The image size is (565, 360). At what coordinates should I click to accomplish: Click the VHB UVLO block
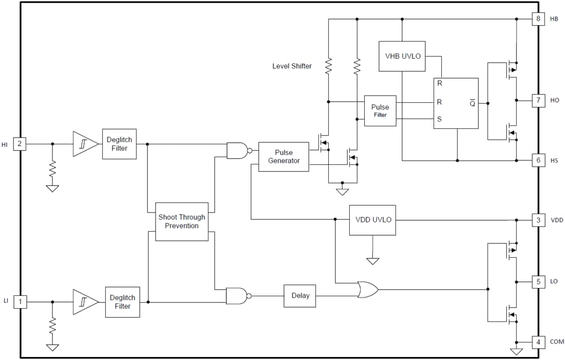click(402, 56)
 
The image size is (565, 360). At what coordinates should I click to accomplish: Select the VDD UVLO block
click(372, 220)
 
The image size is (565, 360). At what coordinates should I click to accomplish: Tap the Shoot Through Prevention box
click(181, 221)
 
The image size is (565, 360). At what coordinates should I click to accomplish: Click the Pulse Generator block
click(284, 157)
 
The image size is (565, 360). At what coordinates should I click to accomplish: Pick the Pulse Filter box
click(380, 110)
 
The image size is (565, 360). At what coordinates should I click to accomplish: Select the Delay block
click(300, 295)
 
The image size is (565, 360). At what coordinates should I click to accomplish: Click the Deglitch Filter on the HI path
click(119, 144)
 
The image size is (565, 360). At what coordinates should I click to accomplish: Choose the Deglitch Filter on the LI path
click(122, 302)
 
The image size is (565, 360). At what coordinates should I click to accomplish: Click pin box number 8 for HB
click(538, 19)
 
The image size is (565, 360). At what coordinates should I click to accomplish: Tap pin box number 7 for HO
click(538, 100)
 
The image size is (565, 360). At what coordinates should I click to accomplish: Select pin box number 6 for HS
click(538, 160)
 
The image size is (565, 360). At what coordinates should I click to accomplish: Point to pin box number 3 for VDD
click(538, 220)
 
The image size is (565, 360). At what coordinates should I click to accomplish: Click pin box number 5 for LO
click(538, 281)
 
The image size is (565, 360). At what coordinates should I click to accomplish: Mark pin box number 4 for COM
click(538, 342)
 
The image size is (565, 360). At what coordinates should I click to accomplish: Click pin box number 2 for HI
click(20, 144)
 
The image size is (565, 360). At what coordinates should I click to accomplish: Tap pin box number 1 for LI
click(20, 302)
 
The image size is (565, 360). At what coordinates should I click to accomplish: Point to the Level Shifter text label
click(292, 66)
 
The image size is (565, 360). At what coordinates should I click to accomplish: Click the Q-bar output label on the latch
click(472, 103)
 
